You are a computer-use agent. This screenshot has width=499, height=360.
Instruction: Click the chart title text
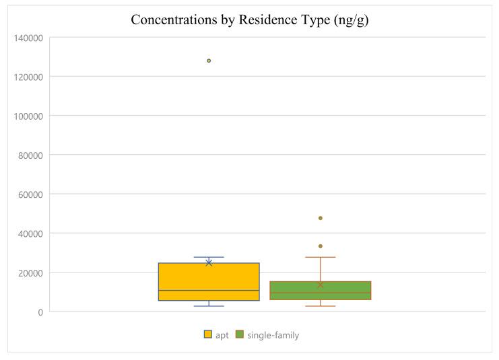(x=249, y=20)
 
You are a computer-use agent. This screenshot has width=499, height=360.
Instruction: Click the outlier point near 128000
(x=209, y=61)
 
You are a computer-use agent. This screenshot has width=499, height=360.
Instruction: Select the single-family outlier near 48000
(x=321, y=218)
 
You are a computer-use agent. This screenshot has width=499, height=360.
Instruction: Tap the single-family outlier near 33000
(x=321, y=246)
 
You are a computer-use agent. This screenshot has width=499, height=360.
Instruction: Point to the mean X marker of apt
(x=209, y=262)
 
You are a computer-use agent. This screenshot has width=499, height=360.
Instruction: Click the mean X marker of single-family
(x=321, y=285)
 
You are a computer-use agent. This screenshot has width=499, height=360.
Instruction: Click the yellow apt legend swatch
(x=208, y=334)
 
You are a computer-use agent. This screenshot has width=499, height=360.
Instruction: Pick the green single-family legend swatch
(x=240, y=334)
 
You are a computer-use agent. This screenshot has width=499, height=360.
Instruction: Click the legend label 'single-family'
(x=273, y=334)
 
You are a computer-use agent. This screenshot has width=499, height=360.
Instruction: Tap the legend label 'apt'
(x=222, y=334)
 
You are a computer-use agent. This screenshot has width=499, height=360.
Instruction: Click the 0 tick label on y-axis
(x=40, y=312)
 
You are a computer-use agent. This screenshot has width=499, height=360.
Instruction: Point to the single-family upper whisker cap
(x=321, y=257)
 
